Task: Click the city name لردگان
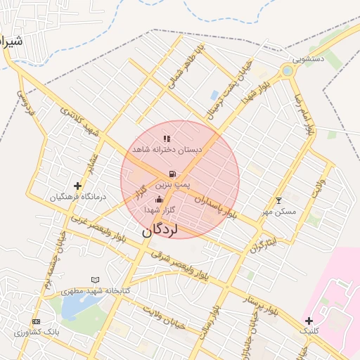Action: (160, 229)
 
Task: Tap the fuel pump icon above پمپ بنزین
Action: (172, 174)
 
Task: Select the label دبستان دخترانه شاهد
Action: (167, 150)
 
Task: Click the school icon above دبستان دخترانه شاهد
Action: (166, 139)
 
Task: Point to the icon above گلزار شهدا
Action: (158, 200)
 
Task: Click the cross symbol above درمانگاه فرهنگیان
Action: (77, 186)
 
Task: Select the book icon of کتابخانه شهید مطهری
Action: (96, 280)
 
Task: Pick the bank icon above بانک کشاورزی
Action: (37, 321)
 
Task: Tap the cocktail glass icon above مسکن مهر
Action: (278, 200)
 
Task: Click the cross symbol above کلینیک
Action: (309, 321)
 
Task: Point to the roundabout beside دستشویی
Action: (287, 70)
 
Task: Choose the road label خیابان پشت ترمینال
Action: (229, 90)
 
